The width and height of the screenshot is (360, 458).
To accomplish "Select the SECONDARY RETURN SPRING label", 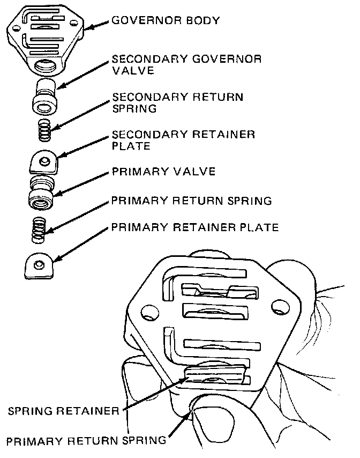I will (x=177, y=102).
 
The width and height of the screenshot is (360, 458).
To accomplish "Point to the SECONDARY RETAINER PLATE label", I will (x=183, y=139).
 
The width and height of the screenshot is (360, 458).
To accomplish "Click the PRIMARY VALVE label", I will (x=163, y=172).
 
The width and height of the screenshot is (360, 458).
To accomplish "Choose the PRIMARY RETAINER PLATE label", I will (x=195, y=228).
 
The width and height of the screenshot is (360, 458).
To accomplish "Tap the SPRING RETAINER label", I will (x=63, y=412).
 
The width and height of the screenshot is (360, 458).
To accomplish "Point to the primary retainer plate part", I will (x=40, y=266).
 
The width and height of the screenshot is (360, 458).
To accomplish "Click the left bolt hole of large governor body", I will (x=147, y=312).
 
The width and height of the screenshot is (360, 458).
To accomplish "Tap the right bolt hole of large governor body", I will (x=278, y=307).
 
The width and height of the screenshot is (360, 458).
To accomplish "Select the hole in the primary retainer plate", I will (x=39, y=263).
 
